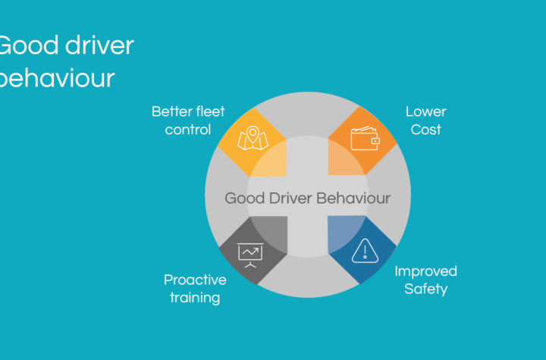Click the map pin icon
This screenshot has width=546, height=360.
253,138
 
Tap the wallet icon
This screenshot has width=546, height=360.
365,138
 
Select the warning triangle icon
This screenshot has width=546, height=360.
365,251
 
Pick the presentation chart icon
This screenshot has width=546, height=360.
250,255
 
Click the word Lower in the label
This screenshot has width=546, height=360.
426,111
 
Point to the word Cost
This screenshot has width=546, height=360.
426,130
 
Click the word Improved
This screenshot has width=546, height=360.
426,271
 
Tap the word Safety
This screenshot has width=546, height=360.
426,289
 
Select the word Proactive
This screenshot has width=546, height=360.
195,280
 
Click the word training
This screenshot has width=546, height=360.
195,298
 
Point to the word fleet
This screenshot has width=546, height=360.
210,111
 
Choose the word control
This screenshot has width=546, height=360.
188,130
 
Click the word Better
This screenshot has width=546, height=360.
172,111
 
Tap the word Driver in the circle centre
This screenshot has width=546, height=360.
290,198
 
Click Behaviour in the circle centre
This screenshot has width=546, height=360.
353,198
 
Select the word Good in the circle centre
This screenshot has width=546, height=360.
245,198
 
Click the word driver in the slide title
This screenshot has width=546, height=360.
100,45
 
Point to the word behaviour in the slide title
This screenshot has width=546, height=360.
57,77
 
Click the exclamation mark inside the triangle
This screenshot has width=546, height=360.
365,252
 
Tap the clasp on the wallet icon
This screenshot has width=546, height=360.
375,141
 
